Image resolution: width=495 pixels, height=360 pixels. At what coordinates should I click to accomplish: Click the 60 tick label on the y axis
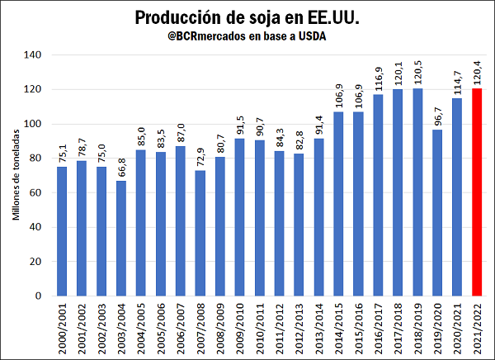point(37,192)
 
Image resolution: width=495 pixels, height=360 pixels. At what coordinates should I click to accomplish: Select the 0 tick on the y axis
point(40,296)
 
